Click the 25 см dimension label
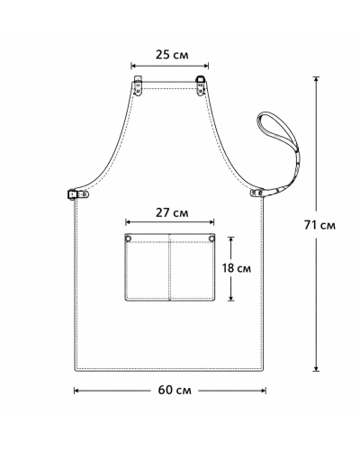(x=172, y=55)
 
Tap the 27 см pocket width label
(x=172, y=212)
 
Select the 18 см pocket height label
(x=237, y=268)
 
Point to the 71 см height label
(x=319, y=225)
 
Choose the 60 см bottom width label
(x=175, y=390)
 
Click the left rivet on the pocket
(x=129, y=238)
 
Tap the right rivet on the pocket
(x=211, y=238)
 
